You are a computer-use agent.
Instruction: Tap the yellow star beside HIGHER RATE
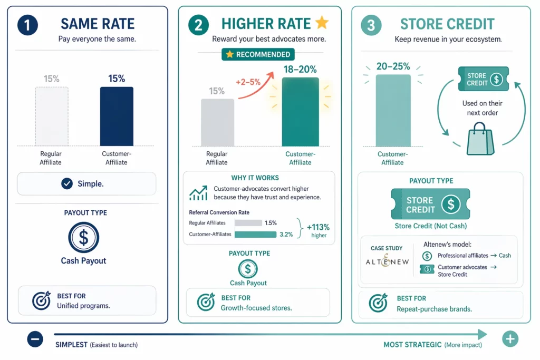[x=321, y=23]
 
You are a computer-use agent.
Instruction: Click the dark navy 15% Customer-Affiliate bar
[x=117, y=116]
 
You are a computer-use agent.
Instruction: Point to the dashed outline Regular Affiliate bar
[x=52, y=116]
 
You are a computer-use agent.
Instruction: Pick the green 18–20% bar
[x=300, y=112]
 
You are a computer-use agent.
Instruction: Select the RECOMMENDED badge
[x=258, y=54]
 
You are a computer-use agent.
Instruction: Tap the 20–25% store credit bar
[x=393, y=110]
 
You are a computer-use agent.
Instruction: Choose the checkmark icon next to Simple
[x=67, y=184]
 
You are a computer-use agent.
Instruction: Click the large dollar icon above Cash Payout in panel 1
[x=83, y=238]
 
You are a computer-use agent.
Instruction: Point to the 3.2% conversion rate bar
[x=255, y=235]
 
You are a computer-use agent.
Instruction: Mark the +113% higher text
[x=319, y=230]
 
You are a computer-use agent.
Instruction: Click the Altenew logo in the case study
[x=387, y=261]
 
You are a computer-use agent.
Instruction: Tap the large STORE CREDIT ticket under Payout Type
[x=431, y=205]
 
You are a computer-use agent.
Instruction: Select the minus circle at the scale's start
[x=35, y=339]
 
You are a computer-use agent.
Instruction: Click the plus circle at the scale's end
[x=510, y=339]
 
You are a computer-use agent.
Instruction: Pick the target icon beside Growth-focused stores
[x=206, y=302]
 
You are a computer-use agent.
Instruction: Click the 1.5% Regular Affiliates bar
[x=248, y=223]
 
